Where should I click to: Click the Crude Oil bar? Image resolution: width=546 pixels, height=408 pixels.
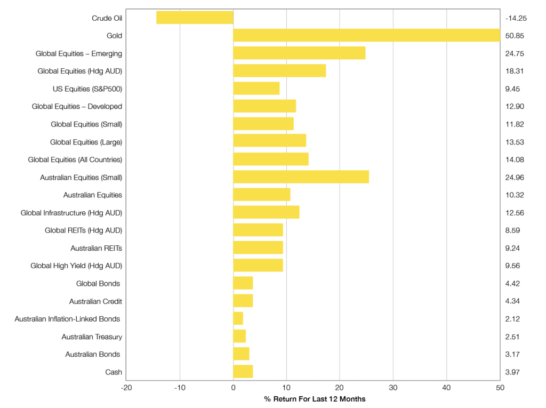(x=195, y=18)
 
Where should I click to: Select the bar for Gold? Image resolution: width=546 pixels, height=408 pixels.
(x=366, y=35)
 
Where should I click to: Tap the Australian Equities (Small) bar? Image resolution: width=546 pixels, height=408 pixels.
(x=301, y=177)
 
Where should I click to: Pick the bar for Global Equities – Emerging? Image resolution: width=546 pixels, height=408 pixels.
(x=299, y=53)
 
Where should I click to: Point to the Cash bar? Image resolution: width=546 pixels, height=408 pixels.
(x=243, y=372)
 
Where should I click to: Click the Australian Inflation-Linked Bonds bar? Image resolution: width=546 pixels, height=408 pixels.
(x=238, y=318)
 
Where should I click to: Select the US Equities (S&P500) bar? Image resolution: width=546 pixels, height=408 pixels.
(x=256, y=89)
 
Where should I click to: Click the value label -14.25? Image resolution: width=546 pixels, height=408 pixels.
(x=516, y=18)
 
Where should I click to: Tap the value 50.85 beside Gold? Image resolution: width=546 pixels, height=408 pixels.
(x=515, y=36)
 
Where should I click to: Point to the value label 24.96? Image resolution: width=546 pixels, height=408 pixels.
(x=515, y=177)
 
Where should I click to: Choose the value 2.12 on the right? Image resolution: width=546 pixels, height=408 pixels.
(x=512, y=319)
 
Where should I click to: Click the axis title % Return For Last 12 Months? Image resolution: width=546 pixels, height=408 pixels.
(x=315, y=399)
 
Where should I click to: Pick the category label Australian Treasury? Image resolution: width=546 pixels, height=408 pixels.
(x=92, y=337)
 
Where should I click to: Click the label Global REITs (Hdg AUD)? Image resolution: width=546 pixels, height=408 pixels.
(x=84, y=230)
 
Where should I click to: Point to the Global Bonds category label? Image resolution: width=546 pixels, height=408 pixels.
(x=98, y=283)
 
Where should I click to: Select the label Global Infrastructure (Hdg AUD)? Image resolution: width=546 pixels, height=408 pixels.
(x=71, y=213)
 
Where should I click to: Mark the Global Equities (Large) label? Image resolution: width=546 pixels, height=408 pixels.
(x=86, y=142)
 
